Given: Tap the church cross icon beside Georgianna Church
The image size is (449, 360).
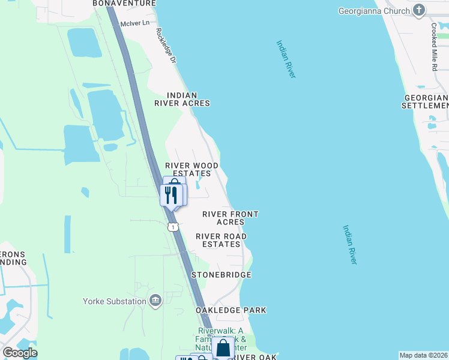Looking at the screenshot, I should coord(420,10).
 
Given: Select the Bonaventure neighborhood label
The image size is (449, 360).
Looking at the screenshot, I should coord(124,3).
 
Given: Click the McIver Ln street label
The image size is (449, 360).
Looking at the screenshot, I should coord(134,23).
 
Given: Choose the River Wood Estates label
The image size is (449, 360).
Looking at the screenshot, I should coord(192,169).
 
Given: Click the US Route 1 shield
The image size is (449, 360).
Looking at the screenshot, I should coord(173,227).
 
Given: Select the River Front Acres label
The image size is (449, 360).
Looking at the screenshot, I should coord(231,218).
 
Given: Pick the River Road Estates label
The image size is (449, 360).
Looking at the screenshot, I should coord(221,240).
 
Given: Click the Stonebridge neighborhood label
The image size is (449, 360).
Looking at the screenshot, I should coord(221,274).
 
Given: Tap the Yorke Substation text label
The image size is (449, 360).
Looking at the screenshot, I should coord(115,301).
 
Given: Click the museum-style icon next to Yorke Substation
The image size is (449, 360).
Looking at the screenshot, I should coord(155,301).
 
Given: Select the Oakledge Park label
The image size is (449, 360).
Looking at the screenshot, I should coord(231,310).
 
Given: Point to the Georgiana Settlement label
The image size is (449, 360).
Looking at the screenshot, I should coord(426,101).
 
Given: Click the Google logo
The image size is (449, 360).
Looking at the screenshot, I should coord(20,353).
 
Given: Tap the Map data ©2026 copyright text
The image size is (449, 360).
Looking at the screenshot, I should coord(423,355).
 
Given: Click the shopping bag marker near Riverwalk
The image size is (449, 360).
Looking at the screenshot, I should coord(223,347).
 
